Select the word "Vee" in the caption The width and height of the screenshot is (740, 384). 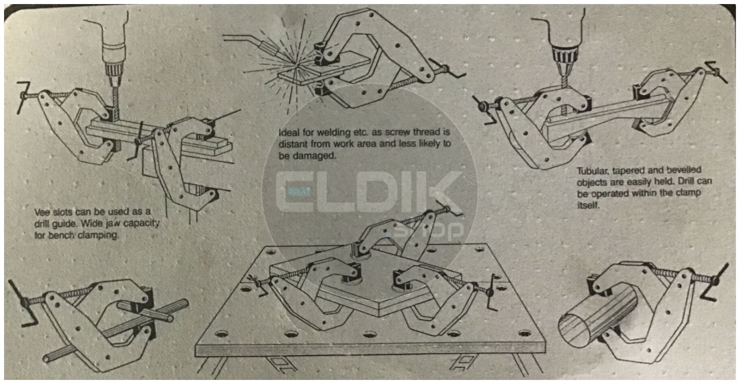(x=42, y=212)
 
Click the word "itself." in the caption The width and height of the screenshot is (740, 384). (x=588, y=205)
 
